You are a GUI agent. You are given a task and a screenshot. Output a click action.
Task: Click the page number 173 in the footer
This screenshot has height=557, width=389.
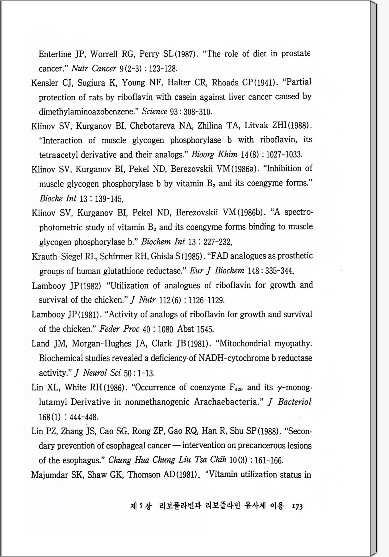296,507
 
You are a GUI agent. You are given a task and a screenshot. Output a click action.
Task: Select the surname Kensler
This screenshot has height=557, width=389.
45,83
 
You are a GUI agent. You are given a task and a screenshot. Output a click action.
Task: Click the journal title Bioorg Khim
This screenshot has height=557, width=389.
214,154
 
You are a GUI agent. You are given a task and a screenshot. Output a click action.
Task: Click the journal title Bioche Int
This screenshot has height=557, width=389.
58,198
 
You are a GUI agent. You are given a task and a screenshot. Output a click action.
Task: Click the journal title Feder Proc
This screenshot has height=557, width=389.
119,329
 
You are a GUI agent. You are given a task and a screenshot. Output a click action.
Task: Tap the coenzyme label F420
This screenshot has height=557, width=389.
236,388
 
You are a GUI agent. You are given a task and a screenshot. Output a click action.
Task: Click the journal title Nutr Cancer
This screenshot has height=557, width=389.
94,68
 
